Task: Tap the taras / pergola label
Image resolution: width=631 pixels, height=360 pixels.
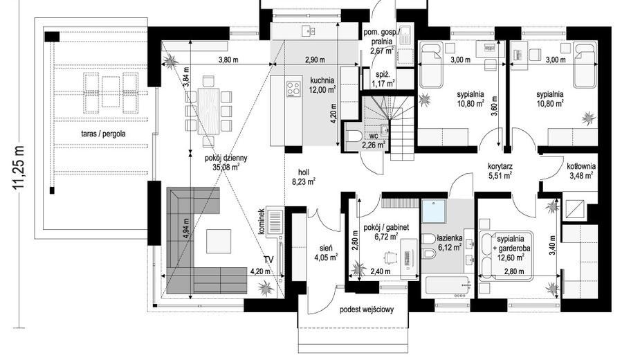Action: point(103,134)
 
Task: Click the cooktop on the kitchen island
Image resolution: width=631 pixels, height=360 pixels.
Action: point(293,89)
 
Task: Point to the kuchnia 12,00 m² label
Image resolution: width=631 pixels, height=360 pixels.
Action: point(322,85)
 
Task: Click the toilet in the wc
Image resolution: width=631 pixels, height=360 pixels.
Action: point(354,136)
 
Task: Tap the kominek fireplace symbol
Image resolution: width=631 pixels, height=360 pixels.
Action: point(275,221)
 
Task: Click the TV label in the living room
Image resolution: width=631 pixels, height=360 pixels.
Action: point(268,260)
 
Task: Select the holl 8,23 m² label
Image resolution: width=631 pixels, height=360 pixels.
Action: point(304,177)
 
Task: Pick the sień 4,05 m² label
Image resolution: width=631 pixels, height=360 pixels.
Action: point(326,252)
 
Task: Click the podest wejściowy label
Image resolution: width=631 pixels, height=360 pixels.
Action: point(366,309)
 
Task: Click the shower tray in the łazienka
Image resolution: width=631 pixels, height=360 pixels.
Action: point(434,210)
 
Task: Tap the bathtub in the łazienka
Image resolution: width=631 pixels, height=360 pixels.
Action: point(447,286)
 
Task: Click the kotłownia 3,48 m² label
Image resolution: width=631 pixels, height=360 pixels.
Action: point(581,171)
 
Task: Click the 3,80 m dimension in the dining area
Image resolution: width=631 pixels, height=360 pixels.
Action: point(228,60)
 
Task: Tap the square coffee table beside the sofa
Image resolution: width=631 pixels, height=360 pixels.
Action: point(219,241)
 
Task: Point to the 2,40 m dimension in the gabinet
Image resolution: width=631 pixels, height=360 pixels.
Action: point(380,271)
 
